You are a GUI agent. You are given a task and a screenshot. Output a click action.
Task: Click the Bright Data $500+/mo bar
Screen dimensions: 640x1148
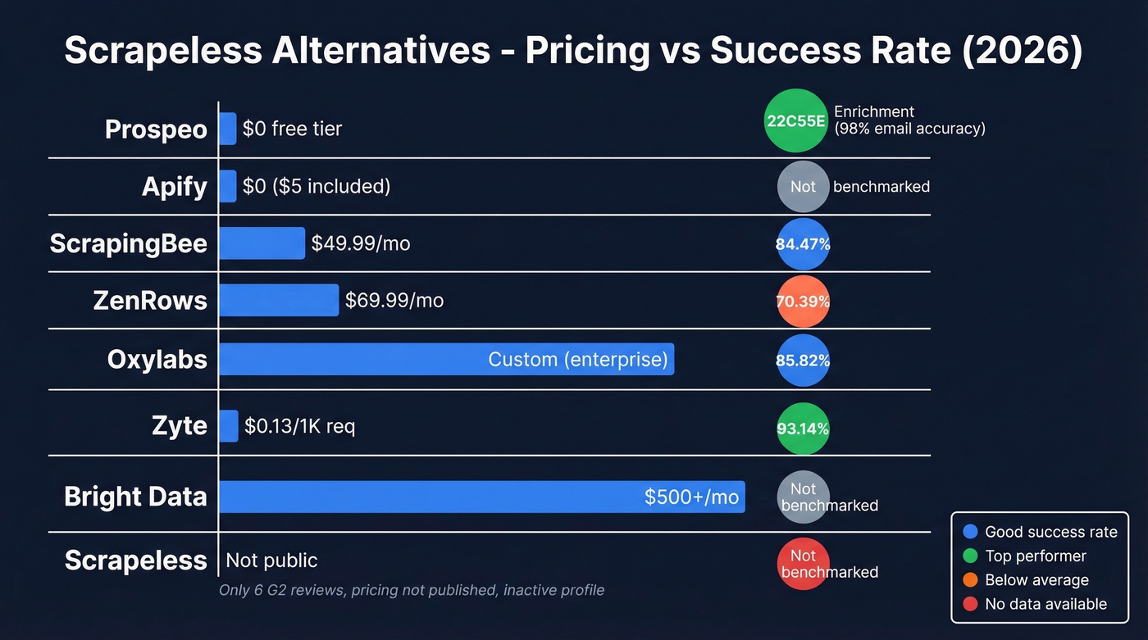click(481, 497)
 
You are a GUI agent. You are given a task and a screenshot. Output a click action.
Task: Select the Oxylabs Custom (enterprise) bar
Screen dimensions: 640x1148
click(446, 359)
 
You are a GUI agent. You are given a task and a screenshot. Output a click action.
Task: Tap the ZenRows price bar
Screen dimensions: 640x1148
click(279, 300)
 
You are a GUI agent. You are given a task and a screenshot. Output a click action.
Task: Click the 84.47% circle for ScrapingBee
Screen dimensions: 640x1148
click(803, 244)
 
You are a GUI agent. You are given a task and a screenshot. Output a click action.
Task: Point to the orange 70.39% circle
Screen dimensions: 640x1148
click(803, 302)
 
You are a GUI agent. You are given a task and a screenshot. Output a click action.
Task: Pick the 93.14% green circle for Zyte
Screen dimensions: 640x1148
click(803, 429)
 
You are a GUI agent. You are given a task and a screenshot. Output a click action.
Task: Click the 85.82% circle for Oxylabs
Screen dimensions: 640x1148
click(803, 360)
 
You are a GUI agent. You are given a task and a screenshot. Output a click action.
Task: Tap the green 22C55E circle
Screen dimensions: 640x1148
click(795, 121)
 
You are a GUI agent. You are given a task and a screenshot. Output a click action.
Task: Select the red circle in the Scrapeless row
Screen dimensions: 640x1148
click(803, 564)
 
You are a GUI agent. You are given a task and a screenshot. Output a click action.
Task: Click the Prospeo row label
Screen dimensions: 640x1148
click(156, 129)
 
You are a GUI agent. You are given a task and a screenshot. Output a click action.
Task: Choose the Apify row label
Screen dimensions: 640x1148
click(174, 187)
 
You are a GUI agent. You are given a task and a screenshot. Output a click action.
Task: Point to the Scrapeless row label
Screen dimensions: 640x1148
click(135, 561)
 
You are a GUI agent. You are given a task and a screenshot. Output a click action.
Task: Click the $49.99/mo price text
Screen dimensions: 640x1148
click(360, 243)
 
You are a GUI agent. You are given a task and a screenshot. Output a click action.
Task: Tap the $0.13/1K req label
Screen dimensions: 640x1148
click(299, 426)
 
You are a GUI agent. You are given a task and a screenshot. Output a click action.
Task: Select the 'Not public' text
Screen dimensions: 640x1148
click(271, 561)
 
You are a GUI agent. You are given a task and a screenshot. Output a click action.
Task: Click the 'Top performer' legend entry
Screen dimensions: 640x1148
click(1035, 556)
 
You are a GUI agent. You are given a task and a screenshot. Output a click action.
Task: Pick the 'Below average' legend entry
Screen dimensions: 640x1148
click(1036, 580)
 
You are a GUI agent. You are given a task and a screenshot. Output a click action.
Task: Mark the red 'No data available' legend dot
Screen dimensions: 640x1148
click(971, 604)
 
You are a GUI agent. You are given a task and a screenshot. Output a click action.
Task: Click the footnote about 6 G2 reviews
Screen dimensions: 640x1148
click(411, 590)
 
